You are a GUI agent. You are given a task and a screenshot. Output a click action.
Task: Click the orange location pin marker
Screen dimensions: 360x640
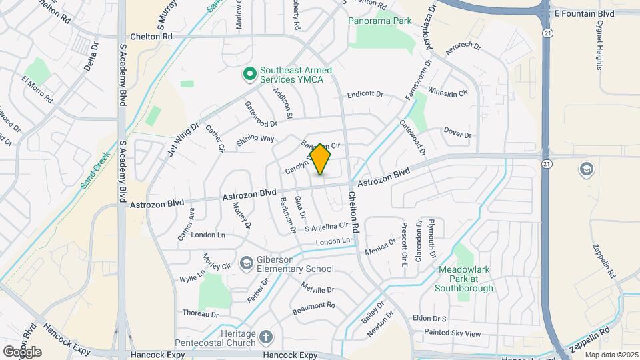pyautogui.click(x=321, y=159)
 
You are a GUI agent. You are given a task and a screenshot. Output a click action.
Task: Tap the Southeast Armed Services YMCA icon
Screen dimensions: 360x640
pyautogui.click(x=250, y=73)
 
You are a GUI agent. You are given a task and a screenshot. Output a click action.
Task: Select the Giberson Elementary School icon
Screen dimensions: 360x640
pyautogui.click(x=246, y=264)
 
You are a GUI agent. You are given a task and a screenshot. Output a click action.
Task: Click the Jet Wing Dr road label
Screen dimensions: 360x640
pyautogui.click(x=184, y=138)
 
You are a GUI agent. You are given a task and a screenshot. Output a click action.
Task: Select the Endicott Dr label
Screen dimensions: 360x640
pyautogui.click(x=365, y=95)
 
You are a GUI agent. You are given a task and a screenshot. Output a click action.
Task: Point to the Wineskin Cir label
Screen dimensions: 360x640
pyautogui.click(x=447, y=91)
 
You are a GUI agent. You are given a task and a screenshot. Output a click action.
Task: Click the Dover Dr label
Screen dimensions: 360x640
pyautogui.click(x=457, y=135)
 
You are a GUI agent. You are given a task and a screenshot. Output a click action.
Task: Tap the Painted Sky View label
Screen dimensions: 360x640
pyautogui.click(x=453, y=333)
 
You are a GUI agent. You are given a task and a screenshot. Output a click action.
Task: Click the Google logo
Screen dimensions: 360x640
pyautogui.click(x=22, y=352)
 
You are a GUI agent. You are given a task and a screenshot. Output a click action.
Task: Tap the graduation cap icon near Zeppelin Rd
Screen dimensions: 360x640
pyautogui.click(x=587, y=168)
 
